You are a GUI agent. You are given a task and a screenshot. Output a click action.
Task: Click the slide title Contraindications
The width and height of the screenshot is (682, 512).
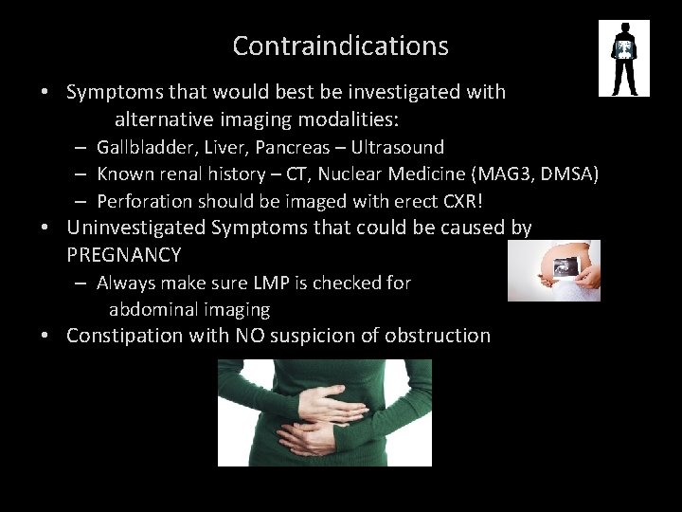click(340, 46)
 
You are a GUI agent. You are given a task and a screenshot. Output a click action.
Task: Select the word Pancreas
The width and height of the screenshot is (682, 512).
click(288, 147)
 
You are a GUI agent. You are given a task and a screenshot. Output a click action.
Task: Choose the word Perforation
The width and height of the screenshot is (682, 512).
click(144, 201)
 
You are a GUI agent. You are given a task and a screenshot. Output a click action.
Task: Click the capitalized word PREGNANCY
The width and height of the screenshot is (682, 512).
click(124, 255)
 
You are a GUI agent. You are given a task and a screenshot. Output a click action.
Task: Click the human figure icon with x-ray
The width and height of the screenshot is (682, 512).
click(624, 59)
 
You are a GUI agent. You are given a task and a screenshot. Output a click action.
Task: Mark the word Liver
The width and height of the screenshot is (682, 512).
click(220, 147)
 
